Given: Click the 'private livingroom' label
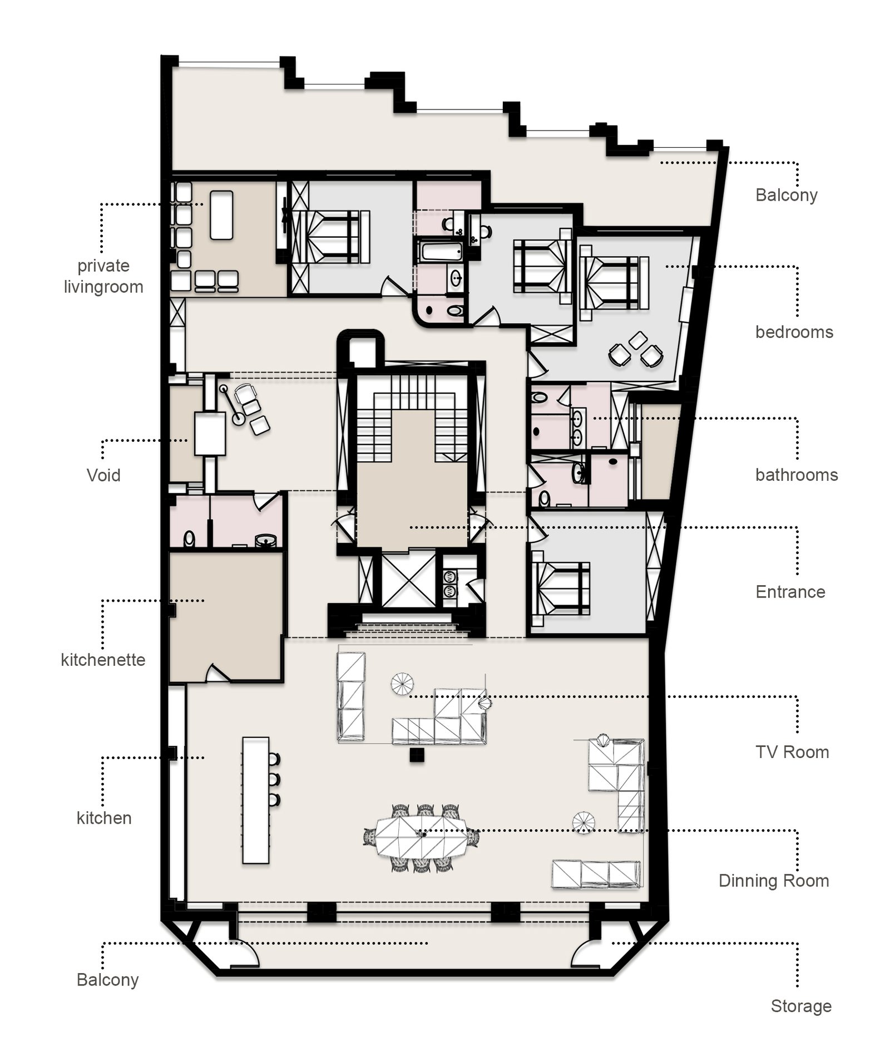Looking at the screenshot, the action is (103, 276).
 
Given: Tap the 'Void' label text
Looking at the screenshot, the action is (103, 475).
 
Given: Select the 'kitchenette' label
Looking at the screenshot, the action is (103, 660).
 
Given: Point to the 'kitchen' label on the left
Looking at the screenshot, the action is (104, 817).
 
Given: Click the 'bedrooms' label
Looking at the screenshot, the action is (794, 332).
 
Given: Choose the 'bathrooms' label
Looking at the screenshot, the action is (797, 475).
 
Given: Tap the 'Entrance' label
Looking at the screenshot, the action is (790, 592).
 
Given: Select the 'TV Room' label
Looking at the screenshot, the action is (792, 752).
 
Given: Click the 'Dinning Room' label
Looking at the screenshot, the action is (774, 881).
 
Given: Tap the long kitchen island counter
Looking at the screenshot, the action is (256, 800).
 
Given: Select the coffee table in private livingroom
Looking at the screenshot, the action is (221, 215).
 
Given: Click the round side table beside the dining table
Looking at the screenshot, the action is (584, 822).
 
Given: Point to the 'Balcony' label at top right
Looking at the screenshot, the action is (787, 195).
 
